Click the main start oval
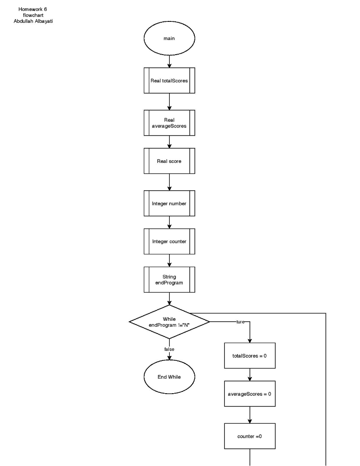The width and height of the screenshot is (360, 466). click(x=169, y=38)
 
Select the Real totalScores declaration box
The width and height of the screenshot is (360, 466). click(x=169, y=81)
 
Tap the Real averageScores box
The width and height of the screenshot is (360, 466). click(x=169, y=123)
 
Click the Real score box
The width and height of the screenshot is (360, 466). click(x=169, y=161)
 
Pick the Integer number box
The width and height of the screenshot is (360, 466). click(x=169, y=203)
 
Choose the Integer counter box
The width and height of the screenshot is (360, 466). click(x=169, y=241)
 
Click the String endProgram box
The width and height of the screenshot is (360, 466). click(x=169, y=279)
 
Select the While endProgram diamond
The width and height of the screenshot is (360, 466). click(x=169, y=322)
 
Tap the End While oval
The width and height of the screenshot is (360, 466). click(x=169, y=377)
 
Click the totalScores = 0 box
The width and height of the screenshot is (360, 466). click(x=249, y=355)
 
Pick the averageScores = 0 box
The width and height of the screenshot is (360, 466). click(x=249, y=394)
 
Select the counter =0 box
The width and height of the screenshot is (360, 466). click(x=249, y=436)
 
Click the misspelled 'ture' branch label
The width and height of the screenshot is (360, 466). click(x=240, y=322)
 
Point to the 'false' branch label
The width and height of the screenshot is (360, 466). click(x=169, y=349)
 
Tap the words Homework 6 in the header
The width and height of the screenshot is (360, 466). click(x=33, y=9)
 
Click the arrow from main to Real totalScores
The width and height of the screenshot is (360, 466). click(x=169, y=61)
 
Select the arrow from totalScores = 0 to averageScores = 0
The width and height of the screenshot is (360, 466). click(x=249, y=375)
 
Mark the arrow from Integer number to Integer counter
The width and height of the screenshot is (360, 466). click(x=169, y=222)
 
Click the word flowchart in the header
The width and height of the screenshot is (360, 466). click(x=33, y=15)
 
